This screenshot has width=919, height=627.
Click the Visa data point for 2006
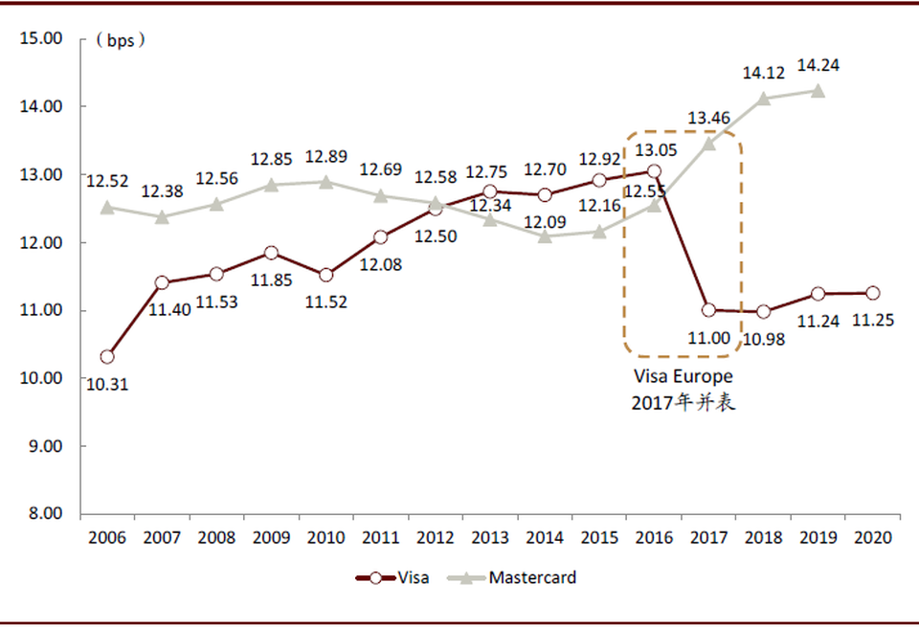coord(107,357)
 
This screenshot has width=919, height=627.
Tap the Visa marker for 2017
coord(709,310)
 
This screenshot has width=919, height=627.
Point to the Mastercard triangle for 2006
coord(107,207)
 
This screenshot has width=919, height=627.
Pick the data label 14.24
coord(818,66)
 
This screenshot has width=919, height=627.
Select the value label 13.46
coord(708,119)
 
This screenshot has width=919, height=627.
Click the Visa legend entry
coord(392,577)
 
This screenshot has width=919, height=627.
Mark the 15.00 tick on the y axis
coord(40,39)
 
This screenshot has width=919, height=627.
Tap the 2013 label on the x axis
coord(490,538)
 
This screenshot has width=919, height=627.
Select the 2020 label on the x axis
coord(873,538)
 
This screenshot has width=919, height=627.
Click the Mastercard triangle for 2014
coord(545,235)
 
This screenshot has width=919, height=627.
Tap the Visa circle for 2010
coord(326,275)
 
